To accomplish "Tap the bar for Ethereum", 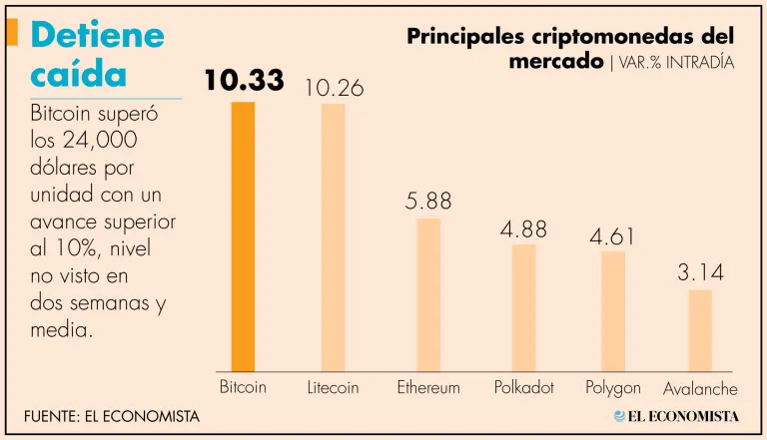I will coord(428,294).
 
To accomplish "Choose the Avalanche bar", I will coord(700,330).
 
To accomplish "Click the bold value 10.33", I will coord(244,81).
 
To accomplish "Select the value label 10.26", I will coord(334,89).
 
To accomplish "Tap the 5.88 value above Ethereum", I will coord(428,202).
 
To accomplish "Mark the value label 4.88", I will coord(524,228).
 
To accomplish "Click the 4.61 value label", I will coord(612,237).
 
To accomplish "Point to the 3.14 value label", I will coord(700,272).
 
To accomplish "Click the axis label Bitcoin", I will coord(243,387).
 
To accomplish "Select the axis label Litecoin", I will coord(333,387).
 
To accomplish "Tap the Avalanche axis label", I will coord(700,389).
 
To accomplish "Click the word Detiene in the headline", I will coord(97,35).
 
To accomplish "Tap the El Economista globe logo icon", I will coord(620,415).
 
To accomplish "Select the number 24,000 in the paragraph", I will coord(109,141).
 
